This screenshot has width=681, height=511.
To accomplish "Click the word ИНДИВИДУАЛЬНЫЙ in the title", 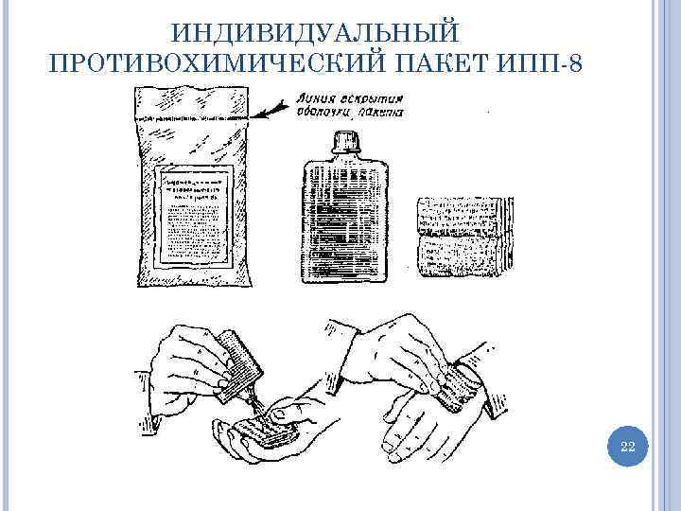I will pyautogui.click(x=316, y=32).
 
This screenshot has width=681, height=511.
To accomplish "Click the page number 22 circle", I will pyautogui.click(x=626, y=447).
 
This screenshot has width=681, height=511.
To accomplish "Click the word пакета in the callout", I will pyautogui.click(x=381, y=113).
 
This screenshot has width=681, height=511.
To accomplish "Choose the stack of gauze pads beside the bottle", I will pyautogui.click(x=464, y=233).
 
